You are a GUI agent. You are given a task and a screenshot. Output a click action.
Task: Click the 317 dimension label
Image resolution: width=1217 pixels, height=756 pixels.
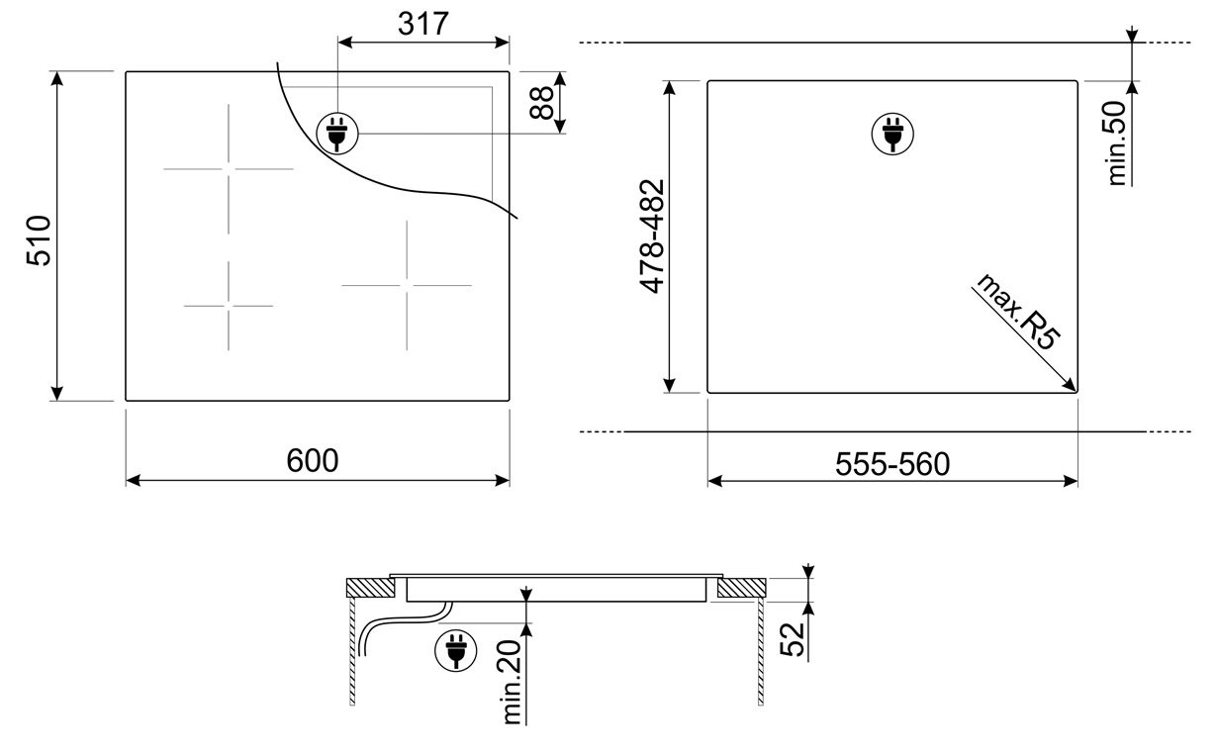tap(422, 24)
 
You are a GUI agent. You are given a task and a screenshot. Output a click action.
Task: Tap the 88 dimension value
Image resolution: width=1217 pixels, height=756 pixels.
tap(541, 103)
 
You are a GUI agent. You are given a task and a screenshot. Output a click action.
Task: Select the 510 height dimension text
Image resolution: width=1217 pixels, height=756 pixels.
tap(39, 240)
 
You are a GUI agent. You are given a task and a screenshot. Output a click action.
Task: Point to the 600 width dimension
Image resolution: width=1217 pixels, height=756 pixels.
tap(313, 460)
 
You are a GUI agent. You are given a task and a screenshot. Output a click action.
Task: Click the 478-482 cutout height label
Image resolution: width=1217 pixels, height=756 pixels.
tap(652, 236)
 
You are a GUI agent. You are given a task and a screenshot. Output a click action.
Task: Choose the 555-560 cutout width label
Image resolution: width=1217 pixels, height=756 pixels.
tap(892, 464)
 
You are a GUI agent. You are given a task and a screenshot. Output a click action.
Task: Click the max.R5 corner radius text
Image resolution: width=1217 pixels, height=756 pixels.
tap(1018, 313)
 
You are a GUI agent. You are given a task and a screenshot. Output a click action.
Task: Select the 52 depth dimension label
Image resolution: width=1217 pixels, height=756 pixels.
tap(793, 639)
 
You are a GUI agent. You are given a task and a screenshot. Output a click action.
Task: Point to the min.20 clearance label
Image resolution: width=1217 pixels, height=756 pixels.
tap(512, 682)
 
